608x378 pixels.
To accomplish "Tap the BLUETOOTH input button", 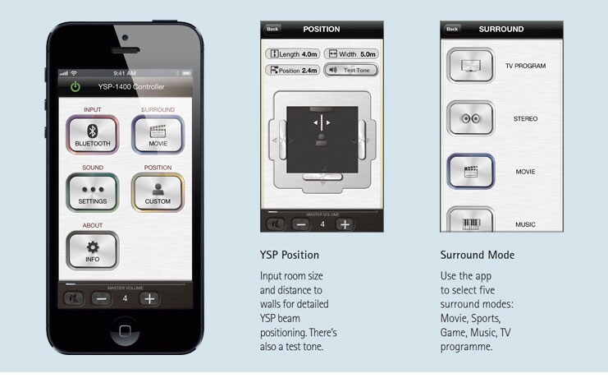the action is pos(92,135).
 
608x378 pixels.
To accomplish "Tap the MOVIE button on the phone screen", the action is pos(158,135).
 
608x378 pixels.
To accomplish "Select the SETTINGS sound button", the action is pos(92,192).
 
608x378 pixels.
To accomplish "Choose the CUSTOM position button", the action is pos(158,192).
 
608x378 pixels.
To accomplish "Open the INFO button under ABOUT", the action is pos(92,250).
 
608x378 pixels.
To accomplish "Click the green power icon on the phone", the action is pos(75,86).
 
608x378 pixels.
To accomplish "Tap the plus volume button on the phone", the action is pos(149,299).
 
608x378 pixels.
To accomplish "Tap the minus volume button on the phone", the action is pos(102,299).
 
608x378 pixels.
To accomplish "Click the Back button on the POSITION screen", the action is pos(272,29).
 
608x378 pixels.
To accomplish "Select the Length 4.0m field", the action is pos(293,54).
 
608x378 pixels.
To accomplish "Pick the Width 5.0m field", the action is pos(351,54).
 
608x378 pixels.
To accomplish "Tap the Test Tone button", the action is pos(351,71).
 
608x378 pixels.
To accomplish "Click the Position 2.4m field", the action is pos(293,71).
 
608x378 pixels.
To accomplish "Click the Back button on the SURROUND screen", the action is pos(452,29).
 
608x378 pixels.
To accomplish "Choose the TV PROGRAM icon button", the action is pos(471,65).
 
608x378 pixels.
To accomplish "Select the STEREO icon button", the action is pos(471,118).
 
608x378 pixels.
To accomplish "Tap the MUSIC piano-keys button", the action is pos(471,220).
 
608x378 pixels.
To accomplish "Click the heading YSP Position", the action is pos(290,255).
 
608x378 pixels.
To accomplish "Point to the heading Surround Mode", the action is pos(478,255).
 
